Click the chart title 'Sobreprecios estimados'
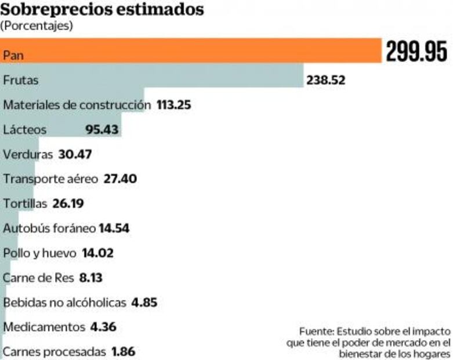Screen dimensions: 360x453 point(102,10)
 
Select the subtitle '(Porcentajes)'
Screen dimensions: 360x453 point(37,26)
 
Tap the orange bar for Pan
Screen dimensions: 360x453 point(191,51)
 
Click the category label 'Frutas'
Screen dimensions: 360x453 point(21,80)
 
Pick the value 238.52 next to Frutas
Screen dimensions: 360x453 point(325,80)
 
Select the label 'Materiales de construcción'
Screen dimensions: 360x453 point(77,105)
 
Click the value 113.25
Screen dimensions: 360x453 point(174,105)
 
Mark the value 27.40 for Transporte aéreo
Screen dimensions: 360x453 point(120,179)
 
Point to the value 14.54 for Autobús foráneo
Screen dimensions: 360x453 point(114,229)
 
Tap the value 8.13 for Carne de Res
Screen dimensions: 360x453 point(90,278)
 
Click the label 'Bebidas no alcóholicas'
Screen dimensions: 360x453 point(64,303)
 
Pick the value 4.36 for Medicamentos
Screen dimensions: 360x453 point(103,327)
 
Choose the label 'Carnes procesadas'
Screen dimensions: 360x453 point(55,352)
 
